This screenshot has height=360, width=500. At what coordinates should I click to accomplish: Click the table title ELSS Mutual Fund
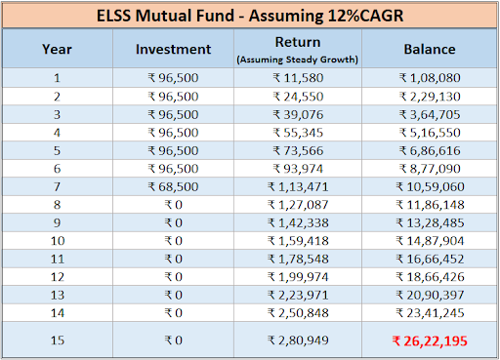(165, 16)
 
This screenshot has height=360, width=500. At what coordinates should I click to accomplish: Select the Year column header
(57, 49)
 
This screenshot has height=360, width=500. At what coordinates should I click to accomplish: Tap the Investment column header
(173, 49)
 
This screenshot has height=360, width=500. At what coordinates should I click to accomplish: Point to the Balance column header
(430, 49)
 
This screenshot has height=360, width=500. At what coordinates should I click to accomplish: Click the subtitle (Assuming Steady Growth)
(298, 60)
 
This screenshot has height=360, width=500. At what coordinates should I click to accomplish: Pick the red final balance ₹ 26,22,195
(430, 340)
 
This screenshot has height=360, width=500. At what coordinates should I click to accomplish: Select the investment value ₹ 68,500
(173, 186)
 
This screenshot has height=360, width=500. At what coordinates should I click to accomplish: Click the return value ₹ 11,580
(298, 78)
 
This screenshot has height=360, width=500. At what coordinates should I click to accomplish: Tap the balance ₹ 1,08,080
(430, 78)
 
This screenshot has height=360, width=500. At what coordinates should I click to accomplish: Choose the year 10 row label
(58, 241)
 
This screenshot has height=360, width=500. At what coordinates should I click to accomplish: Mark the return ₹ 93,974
(298, 169)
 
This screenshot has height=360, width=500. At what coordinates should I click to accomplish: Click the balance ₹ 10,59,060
(430, 186)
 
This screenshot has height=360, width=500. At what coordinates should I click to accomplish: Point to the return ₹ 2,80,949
(298, 340)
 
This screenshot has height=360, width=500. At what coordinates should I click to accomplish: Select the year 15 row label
(58, 340)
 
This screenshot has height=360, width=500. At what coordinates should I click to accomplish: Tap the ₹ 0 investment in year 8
(173, 205)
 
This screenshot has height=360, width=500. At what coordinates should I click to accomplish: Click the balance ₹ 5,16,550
(430, 133)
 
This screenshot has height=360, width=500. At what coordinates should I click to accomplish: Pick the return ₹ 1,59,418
(298, 241)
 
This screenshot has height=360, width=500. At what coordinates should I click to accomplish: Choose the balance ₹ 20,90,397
(430, 295)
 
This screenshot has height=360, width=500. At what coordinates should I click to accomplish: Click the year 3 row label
(57, 114)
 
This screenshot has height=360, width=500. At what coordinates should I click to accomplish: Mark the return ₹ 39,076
(298, 114)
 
